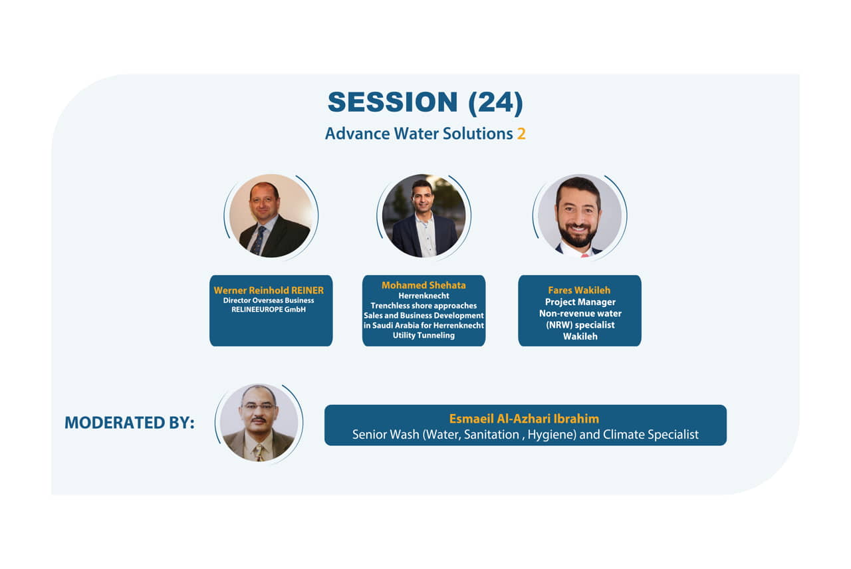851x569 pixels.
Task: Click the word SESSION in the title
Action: click(x=392, y=102)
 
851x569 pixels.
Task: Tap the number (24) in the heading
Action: click(x=496, y=102)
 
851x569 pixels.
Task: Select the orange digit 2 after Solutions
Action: click(x=521, y=134)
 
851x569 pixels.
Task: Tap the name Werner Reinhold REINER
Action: click(x=269, y=290)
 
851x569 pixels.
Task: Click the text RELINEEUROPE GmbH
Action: click(x=269, y=310)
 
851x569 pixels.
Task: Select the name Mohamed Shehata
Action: click(x=424, y=285)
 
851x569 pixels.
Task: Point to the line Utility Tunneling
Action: click(x=424, y=336)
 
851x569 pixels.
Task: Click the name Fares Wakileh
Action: click(x=579, y=290)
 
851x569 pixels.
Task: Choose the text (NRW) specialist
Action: click(x=580, y=325)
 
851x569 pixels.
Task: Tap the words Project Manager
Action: click(x=580, y=302)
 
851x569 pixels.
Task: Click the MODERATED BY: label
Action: click(x=130, y=423)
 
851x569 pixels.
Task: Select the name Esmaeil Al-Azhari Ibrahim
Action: click(x=525, y=419)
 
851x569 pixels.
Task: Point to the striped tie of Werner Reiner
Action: click(x=259, y=241)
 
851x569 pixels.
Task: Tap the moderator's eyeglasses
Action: click(x=259, y=406)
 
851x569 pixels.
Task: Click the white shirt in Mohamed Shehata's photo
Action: click(x=425, y=235)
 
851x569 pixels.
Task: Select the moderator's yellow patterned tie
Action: click(x=259, y=453)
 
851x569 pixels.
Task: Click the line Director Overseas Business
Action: click(x=269, y=300)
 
